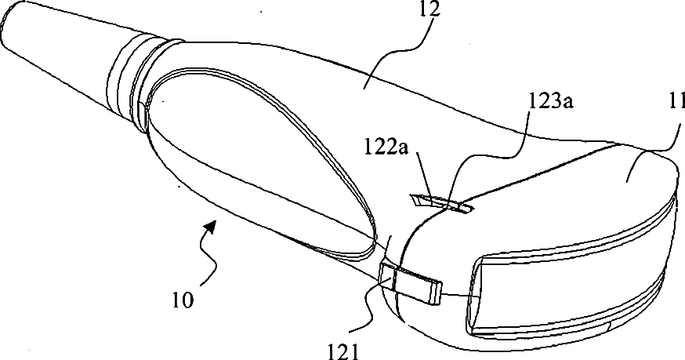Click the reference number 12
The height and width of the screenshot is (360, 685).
pyautogui.click(x=430, y=10)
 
